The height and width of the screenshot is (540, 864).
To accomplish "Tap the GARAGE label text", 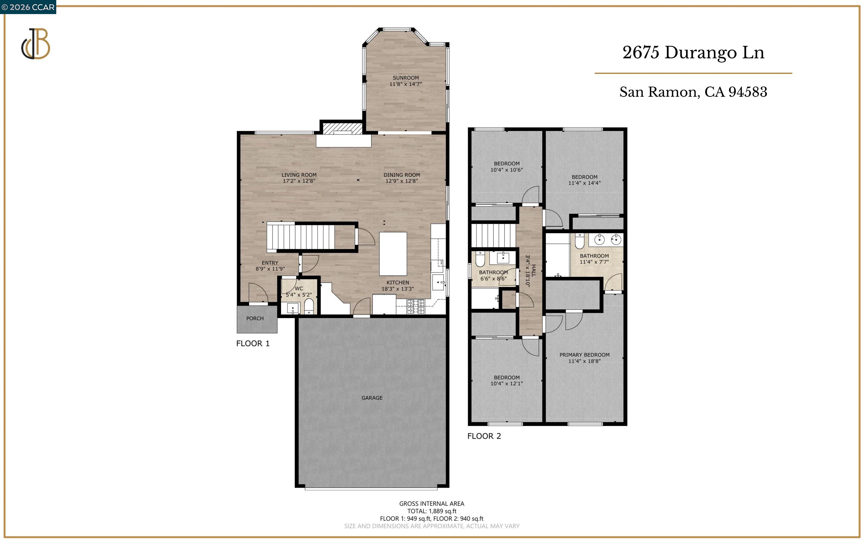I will tap(372, 398).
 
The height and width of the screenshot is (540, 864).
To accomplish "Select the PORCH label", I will tap(255, 318).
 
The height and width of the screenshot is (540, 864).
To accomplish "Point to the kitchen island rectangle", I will tap(393, 254).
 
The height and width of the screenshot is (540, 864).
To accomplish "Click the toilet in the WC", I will tap(309, 306).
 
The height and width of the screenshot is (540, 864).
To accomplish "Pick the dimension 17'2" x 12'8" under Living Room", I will tap(299, 181).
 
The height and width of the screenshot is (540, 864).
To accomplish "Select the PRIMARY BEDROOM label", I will tap(584, 355).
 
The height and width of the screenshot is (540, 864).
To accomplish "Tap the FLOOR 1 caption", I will tap(253, 344).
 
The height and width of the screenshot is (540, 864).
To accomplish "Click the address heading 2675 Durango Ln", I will tap(693, 53).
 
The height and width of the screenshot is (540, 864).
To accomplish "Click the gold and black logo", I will tap(35, 44).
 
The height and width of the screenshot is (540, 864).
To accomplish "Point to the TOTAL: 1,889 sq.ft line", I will tap(431, 511).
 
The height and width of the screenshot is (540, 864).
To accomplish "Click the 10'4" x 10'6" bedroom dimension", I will tap(507, 170).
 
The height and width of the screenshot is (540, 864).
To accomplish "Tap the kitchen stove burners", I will tap(416, 306).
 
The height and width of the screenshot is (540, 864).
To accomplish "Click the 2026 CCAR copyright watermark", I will tap(28, 7).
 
